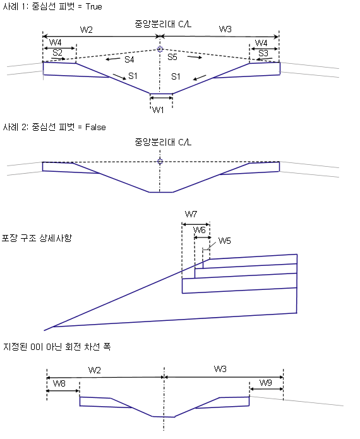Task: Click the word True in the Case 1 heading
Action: tap(93, 6)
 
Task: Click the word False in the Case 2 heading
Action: tap(95, 127)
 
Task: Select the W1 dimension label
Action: tap(158, 110)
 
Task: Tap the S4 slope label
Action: tap(129, 59)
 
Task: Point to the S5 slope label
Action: tap(172, 57)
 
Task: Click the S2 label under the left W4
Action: tap(57, 52)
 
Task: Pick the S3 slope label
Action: tap(263, 53)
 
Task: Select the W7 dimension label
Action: tap(191, 215)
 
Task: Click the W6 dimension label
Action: tap(200, 230)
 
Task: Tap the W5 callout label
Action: tap(224, 241)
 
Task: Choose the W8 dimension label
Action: tap(59, 383)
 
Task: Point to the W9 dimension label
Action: tap(266, 383)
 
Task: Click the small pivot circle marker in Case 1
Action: tap(160, 49)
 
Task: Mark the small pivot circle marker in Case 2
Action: tap(160, 161)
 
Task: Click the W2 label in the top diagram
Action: tap(87, 30)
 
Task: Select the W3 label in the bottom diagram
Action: tap(220, 369)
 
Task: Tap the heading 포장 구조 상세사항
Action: tap(37, 238)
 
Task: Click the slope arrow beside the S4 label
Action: tap(113, 59)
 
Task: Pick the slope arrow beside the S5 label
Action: tap(195, 57)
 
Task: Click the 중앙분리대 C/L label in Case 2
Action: tap(163, 142)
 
